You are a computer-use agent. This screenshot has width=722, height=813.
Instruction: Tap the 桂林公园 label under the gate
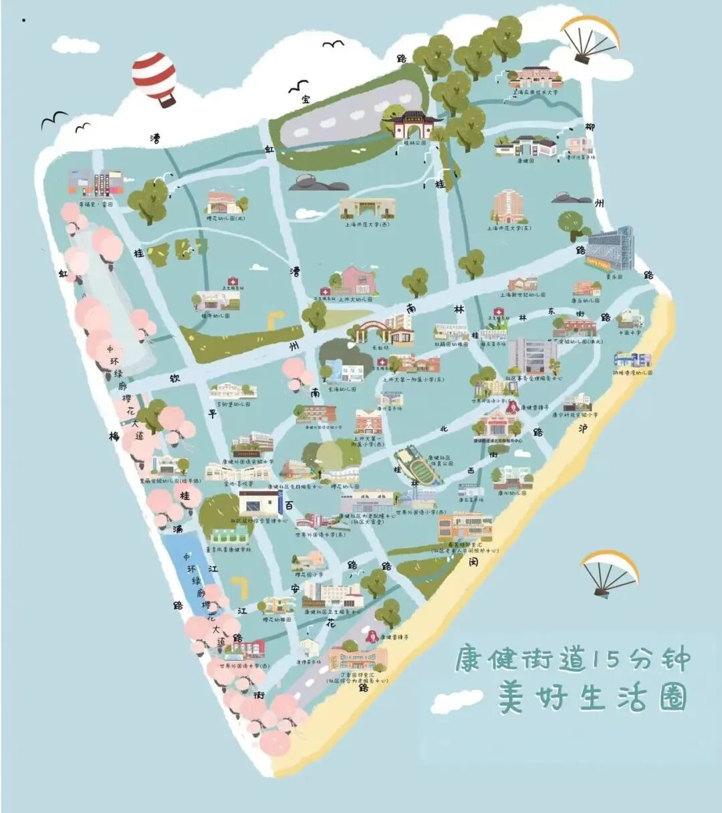[415, 143]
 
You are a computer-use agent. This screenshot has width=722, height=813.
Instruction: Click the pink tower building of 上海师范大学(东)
[509, 207]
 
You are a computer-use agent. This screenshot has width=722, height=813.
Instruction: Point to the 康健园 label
[525, 161]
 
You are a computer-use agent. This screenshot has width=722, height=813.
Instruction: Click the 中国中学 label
[629, 333]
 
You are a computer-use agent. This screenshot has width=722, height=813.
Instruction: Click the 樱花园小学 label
[309, 575]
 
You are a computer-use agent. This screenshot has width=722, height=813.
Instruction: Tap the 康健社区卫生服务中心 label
[332, 612]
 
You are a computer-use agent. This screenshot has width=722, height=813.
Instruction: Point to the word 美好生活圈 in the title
[592, 698]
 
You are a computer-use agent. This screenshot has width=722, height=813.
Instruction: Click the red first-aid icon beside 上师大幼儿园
[325, 292]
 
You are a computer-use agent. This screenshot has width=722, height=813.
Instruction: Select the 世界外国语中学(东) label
[322, 535]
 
